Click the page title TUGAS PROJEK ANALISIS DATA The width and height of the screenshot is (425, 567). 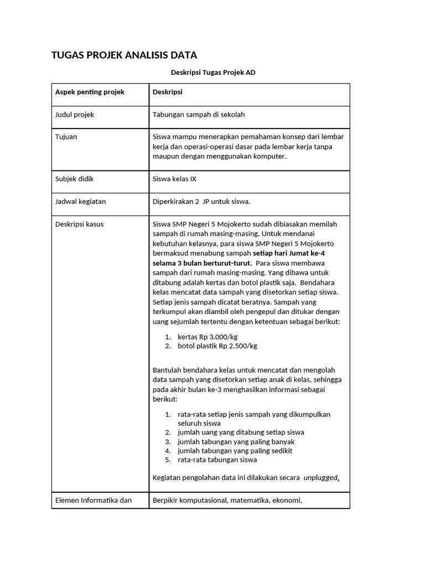(124, 55)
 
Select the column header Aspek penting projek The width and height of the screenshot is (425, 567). (90, 92)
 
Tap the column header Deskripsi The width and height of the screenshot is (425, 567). (168, 92)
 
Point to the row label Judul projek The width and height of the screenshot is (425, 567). (75, 115)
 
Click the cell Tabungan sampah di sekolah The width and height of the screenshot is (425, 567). (199, 115)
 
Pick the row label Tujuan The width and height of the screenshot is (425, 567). (66, 137)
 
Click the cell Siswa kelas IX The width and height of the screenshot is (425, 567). (179, 179)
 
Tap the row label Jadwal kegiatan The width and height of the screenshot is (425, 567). (81, 202)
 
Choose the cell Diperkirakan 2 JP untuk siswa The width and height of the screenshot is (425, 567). (201, 202)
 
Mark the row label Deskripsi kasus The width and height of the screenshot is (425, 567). (80, 224)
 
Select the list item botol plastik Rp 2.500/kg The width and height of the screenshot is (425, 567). (217, 346)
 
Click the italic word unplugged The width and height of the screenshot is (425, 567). (321, 477)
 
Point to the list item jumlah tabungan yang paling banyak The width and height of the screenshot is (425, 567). (236, 441)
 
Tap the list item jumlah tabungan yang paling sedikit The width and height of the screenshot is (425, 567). (235, 451)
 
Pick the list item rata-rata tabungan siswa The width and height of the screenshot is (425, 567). (217, 460)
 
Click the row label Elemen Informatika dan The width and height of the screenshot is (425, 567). (94, 501)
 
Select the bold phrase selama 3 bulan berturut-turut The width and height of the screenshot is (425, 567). (202, 262)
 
